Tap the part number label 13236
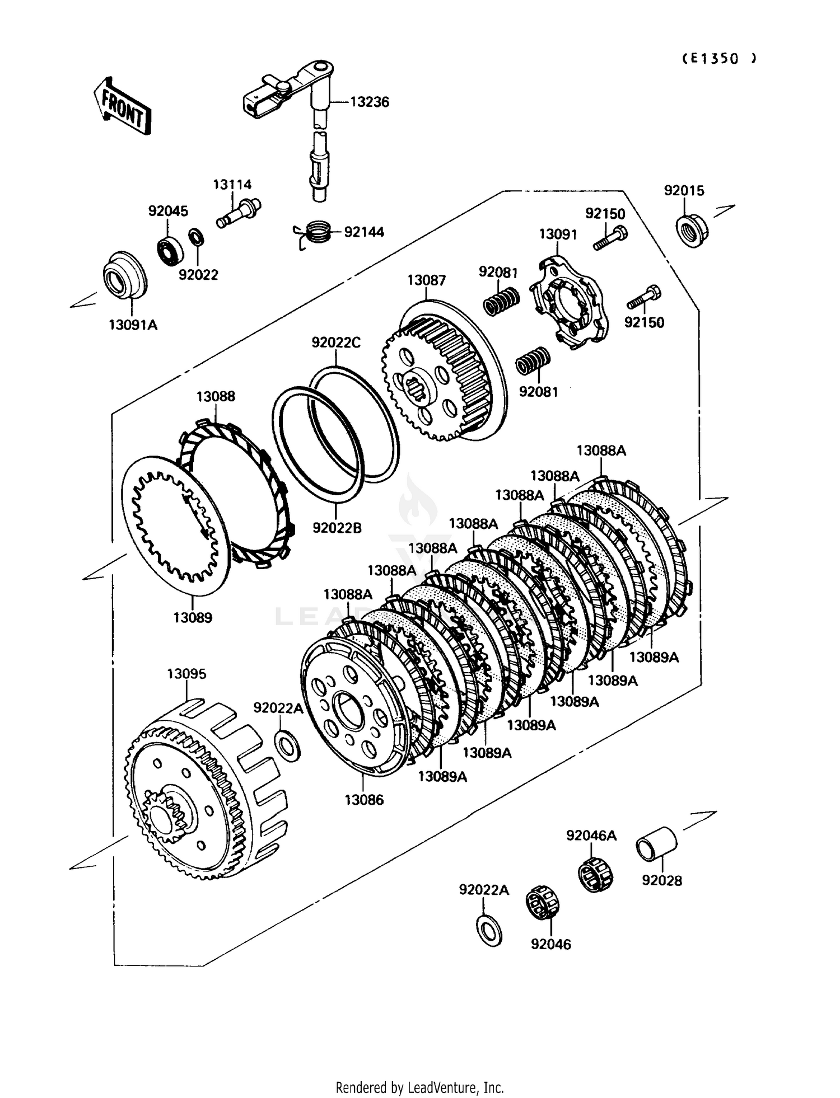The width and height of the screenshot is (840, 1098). tap(370, 102)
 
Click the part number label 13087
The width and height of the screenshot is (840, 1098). tap(426, 280)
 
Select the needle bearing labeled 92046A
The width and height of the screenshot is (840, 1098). tap(595, 874)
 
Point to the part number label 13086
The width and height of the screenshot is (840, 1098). tap(364, 800)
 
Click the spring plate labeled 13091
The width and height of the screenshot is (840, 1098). tap(565, 302)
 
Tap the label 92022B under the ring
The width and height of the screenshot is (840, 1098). tap(337, 527)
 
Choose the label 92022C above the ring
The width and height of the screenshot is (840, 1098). tap(336, 342)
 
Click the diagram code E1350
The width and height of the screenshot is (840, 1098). tap(720, 59)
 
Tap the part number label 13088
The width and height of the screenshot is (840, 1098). tap(216, 396)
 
